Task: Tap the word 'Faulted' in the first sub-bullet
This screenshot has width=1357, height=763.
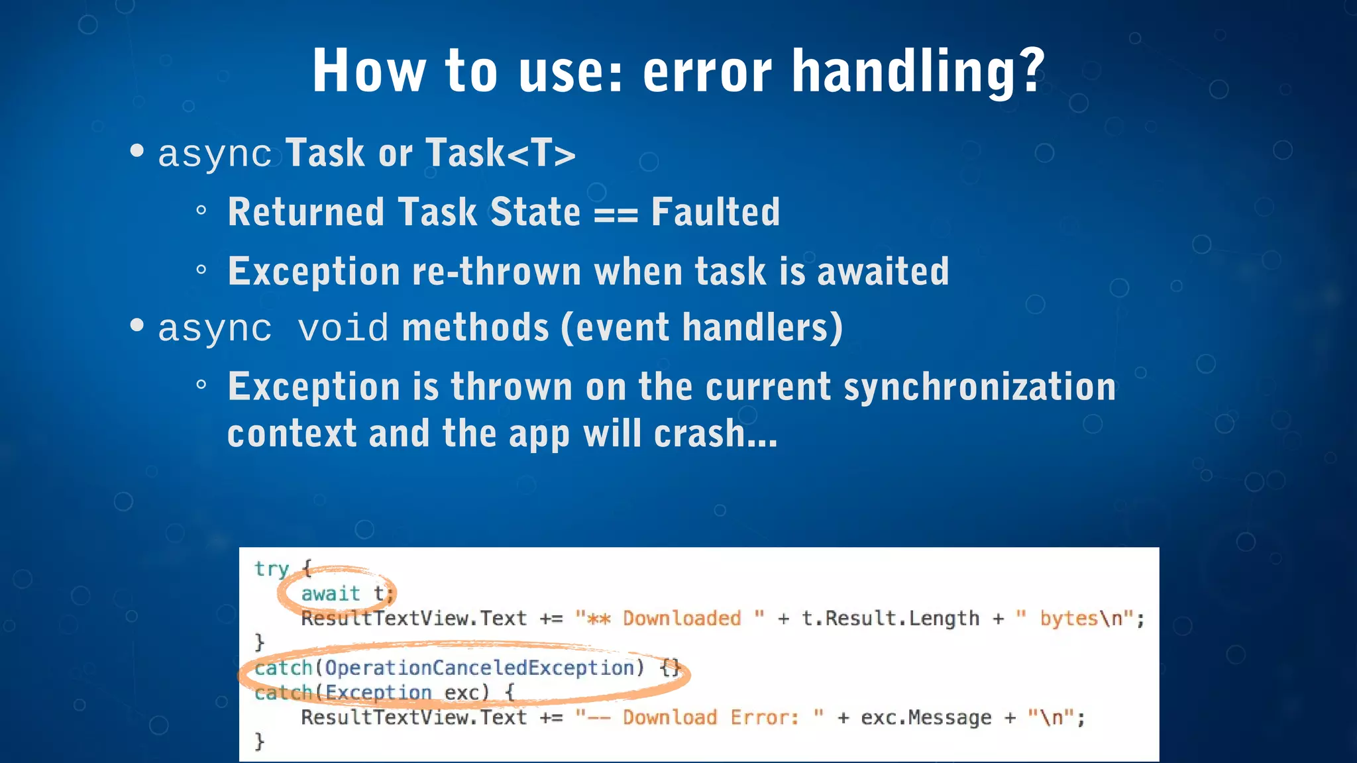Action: [715, 212]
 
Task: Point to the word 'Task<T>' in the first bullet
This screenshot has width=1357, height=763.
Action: [500, 153]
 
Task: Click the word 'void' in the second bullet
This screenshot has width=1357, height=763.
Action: [343, 328]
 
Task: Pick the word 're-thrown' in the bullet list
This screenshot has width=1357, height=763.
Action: [496, 272]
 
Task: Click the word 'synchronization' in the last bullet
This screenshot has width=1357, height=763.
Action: [979, 387]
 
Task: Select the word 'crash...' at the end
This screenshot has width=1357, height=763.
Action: [716, 434]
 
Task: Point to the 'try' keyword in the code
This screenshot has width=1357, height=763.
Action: [272, 569]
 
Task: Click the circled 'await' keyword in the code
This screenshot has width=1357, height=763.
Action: [331, 593]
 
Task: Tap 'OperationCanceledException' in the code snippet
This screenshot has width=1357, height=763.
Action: [479, 668]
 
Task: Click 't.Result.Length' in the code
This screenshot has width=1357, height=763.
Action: [890, 619]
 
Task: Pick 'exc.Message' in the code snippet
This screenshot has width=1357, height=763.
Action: [926, 717]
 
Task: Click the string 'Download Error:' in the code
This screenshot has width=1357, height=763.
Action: [710, 717]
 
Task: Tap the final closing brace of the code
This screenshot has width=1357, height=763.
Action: [260, 741]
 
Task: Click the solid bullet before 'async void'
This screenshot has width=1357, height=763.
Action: [137, 325]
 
